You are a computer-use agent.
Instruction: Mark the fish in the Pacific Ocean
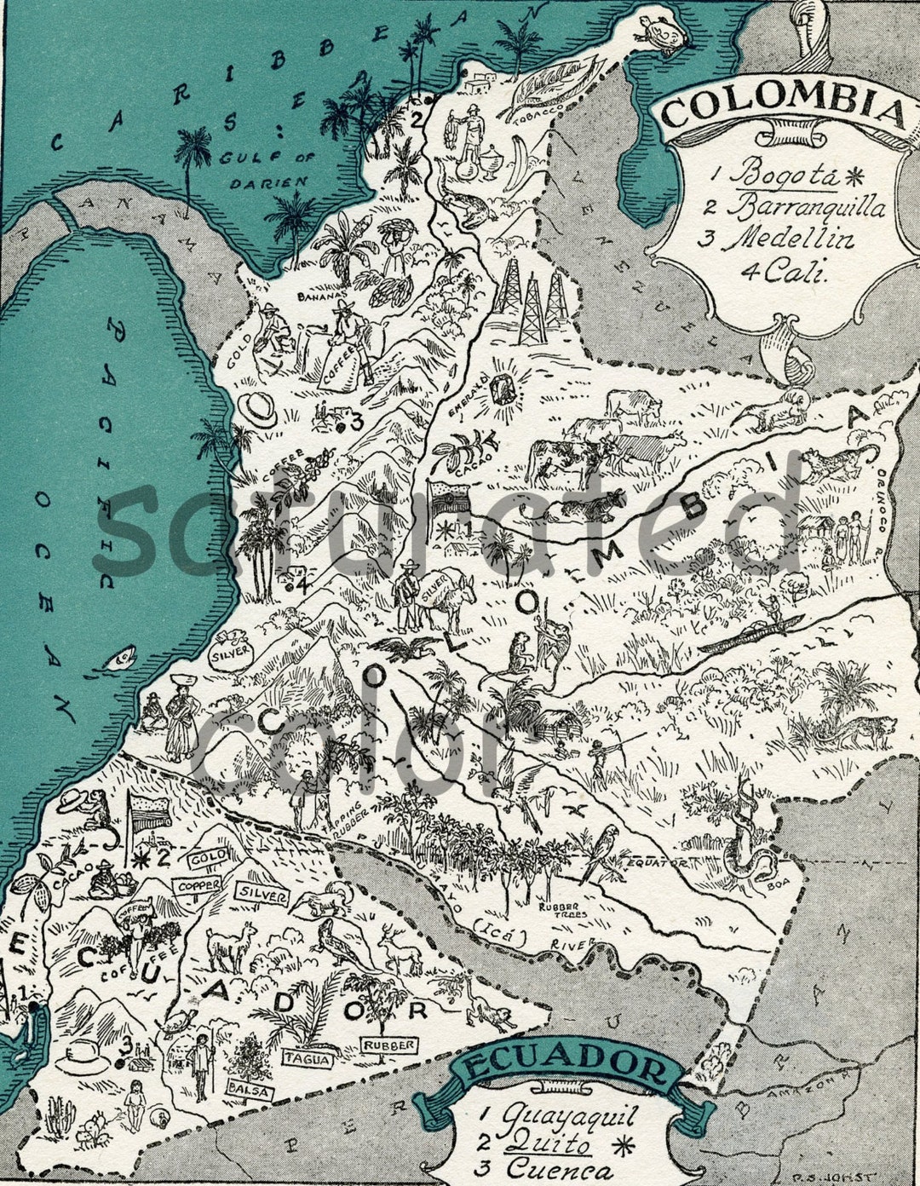point(122,657)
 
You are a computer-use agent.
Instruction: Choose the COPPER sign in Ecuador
point(200,885)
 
